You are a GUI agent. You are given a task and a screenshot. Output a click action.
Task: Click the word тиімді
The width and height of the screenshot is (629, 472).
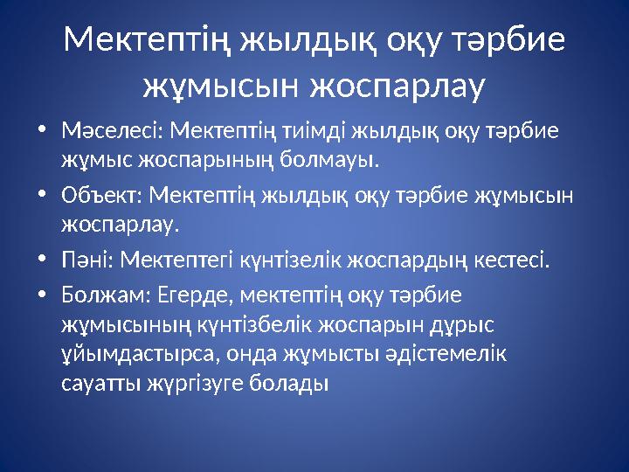tap(318, 132)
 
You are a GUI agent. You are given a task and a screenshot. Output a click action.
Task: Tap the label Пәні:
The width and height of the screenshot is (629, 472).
tap(87, 259)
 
